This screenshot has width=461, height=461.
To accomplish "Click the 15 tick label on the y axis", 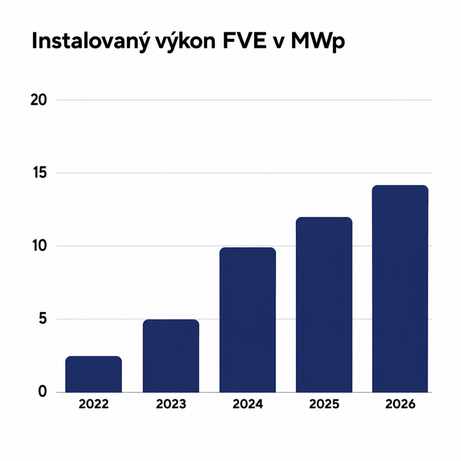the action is [x=39, y=173].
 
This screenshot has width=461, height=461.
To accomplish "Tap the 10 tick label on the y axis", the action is [x=39, y=246].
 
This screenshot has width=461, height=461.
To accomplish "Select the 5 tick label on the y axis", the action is [x=43, y=319].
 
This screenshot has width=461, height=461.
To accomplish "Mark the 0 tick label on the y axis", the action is [x=42, y=392].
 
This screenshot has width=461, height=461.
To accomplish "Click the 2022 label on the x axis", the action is [x=93, y=411].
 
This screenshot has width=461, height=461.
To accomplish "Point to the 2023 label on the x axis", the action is [x=171, y=411].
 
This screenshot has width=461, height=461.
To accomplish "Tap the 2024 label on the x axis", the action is [x=248, y=411].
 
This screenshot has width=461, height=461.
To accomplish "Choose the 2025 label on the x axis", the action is [x=324, y=411].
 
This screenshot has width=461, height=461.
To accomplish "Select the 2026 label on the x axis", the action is [x=400, y=411].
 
